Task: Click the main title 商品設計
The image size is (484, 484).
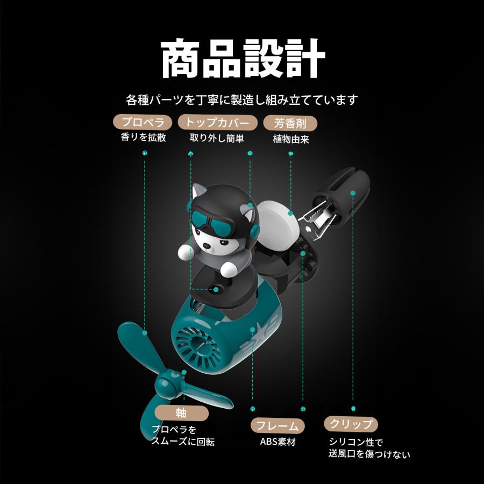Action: [x=243, y=58]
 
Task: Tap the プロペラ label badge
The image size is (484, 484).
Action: [x=143, y=122]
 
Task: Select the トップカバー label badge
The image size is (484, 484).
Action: [x=217, y=122]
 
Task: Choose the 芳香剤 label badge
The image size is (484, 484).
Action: [x=290, y=124]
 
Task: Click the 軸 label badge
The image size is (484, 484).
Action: [x=182, y=413]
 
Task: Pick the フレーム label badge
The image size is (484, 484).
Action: [x=277, y=426]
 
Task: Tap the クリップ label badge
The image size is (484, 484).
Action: [x=351, y=424]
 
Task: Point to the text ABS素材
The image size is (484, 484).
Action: [x=277, y=442]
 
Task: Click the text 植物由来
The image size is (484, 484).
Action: [x=291, y=139]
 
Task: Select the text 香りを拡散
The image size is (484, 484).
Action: [x=143, y=137]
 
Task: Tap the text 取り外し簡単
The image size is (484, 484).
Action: [x=217, y=138]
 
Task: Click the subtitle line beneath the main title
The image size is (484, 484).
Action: [x=242, y=99]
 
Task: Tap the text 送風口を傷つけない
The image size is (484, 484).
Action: [x=369, y=454]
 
